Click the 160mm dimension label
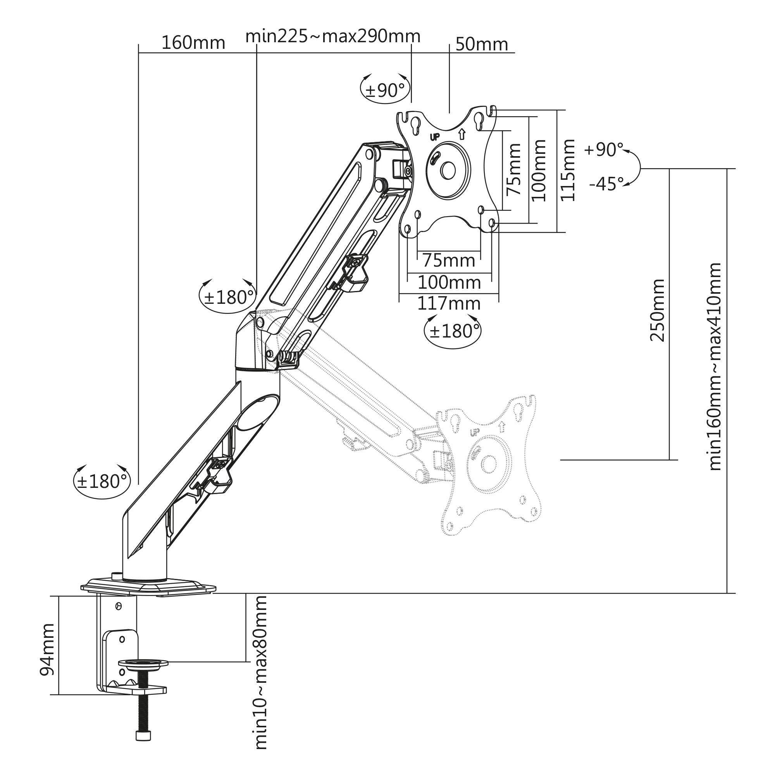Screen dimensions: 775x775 pos(193,43)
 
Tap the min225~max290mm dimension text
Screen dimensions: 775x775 pos(333,36)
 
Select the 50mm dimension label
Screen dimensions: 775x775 pos(482,44)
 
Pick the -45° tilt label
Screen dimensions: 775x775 pos(606,184)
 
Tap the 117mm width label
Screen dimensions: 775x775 pos(449,304)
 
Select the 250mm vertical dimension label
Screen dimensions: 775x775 pos(657,310)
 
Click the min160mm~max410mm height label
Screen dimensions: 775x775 pos(714,367)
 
